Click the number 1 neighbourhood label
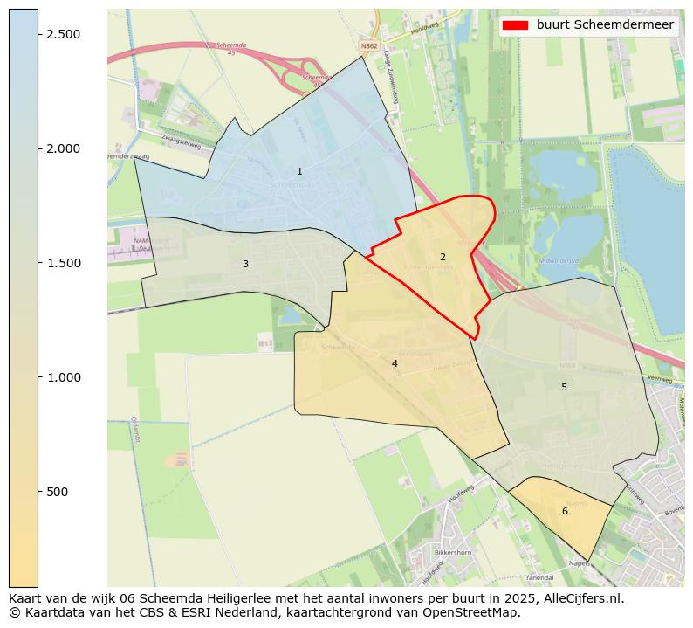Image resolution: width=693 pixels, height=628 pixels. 299,172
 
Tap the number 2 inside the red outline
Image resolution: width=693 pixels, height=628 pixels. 443,257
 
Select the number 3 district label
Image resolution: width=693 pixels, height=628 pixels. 245,264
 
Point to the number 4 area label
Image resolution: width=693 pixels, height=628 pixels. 395,363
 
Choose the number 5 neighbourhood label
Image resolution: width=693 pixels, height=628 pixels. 564,387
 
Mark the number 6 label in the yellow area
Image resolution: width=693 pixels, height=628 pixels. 565,511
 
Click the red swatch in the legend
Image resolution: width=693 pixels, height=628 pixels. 516,25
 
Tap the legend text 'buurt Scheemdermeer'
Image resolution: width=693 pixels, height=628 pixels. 605,25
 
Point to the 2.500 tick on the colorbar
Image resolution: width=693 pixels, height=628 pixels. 63,34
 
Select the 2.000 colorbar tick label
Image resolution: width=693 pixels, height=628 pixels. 63,148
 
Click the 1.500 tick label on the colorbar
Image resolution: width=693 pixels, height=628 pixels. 63,263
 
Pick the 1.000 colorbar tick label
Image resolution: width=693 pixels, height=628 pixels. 63,377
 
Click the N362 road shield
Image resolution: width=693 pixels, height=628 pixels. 369,44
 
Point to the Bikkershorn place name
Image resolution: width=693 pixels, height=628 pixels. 453,553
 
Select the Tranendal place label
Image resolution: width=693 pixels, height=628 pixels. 538,577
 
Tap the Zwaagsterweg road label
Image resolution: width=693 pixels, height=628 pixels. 181,141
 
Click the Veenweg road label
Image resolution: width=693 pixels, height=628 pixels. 660,379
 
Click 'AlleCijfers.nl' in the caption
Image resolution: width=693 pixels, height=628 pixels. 579,598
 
